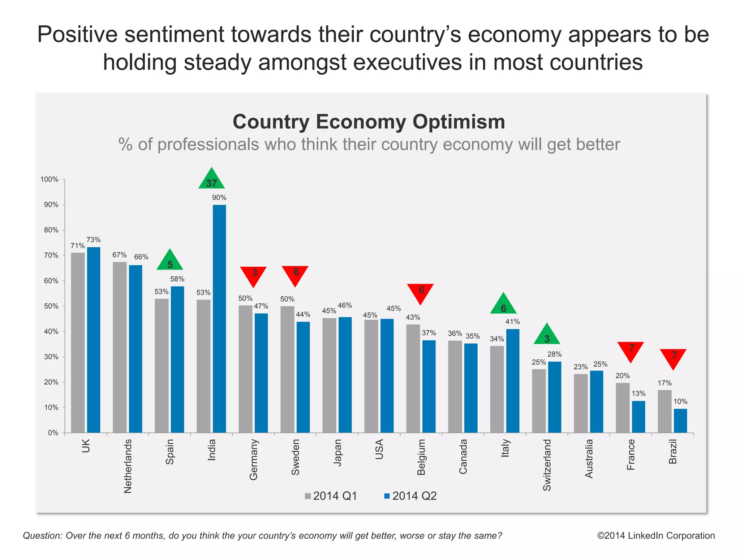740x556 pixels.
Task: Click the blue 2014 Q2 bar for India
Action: pyautogui.click(x=219, y=318)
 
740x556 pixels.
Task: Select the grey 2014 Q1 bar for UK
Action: pyautogui.click(x=78, y=343)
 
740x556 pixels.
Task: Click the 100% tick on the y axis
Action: pyautogui.click(x=50, y=179)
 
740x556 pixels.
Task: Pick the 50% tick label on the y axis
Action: pyautogui.click(x=51, y=306)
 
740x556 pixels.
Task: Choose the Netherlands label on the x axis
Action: pyautogui.click(x=128, y=466)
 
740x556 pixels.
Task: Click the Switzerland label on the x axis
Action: pyautogui.click(x=547, y=465)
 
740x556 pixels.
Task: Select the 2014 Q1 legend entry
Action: pyautogui.click(x=331, y=496)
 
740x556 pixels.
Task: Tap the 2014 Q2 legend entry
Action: pyautogui.click(x=410, y=496)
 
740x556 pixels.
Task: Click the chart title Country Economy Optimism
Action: pyautogui.click(x=369, y=122)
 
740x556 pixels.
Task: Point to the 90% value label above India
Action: pyautogui.click(x=219, y=198)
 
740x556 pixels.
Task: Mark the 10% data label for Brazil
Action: pyautogui.click(x=680, y=402)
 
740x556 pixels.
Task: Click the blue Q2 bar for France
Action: pyautogui.click(x=638, y=417)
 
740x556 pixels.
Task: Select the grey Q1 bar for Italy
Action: pyautogui.click(x=497, y=389)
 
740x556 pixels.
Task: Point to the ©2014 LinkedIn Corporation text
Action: pyautogui.click(x=656, y=536)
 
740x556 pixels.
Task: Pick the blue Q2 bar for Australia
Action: pyautogui.click(x=597, y=402)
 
